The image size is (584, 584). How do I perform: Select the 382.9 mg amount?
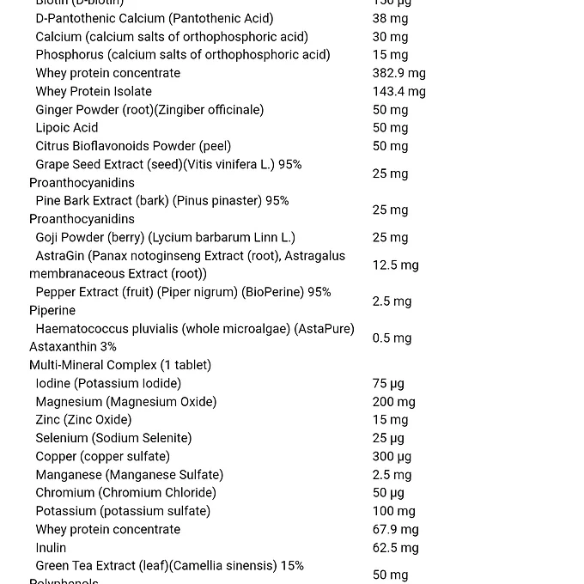(398, 73)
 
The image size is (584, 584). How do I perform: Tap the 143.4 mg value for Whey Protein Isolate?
(398, 91)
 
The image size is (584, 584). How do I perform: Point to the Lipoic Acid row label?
(67, 128)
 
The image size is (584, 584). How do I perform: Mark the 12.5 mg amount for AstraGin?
(395, 265)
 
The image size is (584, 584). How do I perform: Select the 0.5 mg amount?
(392, 338)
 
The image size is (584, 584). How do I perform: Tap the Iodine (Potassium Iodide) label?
(108, 383)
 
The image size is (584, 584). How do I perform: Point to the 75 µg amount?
(388, 383)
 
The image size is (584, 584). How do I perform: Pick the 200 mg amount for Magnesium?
(393, 401)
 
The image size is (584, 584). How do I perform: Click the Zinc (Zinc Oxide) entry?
(83, 420)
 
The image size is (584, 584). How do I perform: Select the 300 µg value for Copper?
(392, 456)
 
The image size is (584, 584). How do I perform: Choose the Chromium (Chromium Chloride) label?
(125, 493)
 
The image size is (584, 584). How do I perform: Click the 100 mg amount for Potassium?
(393, 511)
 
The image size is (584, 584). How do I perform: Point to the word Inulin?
(51, 548)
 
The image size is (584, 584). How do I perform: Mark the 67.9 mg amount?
(395, 529)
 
